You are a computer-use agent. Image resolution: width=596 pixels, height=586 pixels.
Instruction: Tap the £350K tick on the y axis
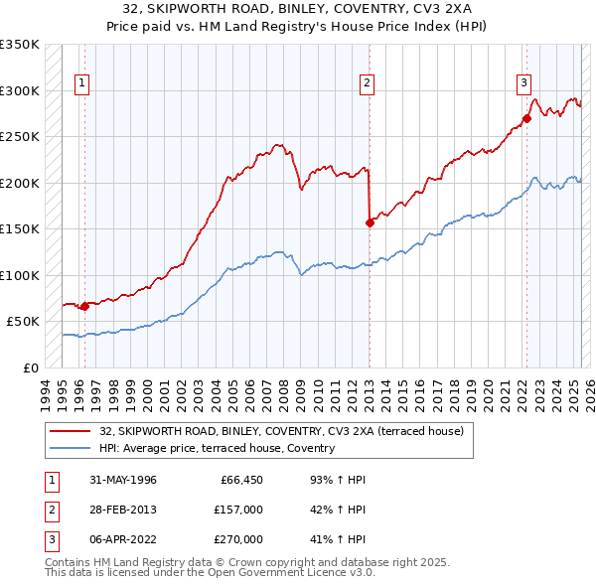pyautogui.click(x=20, y=45)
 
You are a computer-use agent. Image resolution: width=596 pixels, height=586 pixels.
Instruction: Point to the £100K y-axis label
pyautogui.click(x=20, y=275)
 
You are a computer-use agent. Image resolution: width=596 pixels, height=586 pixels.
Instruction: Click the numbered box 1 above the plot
pyautogui.click(x=80, y=83)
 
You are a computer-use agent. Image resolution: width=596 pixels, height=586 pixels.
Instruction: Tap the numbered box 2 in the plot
pyautogui.click(x=367, y=83)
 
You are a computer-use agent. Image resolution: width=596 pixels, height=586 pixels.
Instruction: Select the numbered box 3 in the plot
pyautogui.click(x=522, y=83)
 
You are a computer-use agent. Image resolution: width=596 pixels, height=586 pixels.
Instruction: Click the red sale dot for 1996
pyautogui.click(x=84, y=306)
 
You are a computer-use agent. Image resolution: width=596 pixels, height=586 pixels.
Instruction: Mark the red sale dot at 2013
pyautogui.click(x=370, y=222)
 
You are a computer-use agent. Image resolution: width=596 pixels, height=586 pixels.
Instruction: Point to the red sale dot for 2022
pyautogui.click(x=526, y=118)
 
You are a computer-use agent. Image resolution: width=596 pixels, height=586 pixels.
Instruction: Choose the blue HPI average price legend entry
pyautogui.click(x=217, y=449)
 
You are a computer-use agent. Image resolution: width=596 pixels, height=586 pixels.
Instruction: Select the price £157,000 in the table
pyautogui.click(x=239, y=510)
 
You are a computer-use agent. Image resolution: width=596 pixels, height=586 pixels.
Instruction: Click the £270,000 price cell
pyautogui.click(x=239, y=539)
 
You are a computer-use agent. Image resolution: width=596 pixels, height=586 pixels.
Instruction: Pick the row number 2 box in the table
pyautogui.click(x=50, y=510)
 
